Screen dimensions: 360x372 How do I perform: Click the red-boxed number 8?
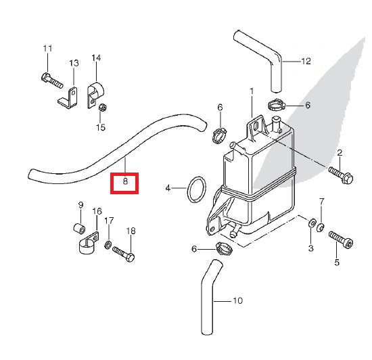click(125, 182)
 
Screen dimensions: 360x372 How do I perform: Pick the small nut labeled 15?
click(101, 108)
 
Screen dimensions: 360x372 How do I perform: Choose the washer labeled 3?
click(310, 223)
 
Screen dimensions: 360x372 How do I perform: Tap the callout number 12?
click(306, 61)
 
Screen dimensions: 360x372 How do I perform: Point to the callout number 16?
click(97, 211)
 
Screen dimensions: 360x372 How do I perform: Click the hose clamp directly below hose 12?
click(277, 105)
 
